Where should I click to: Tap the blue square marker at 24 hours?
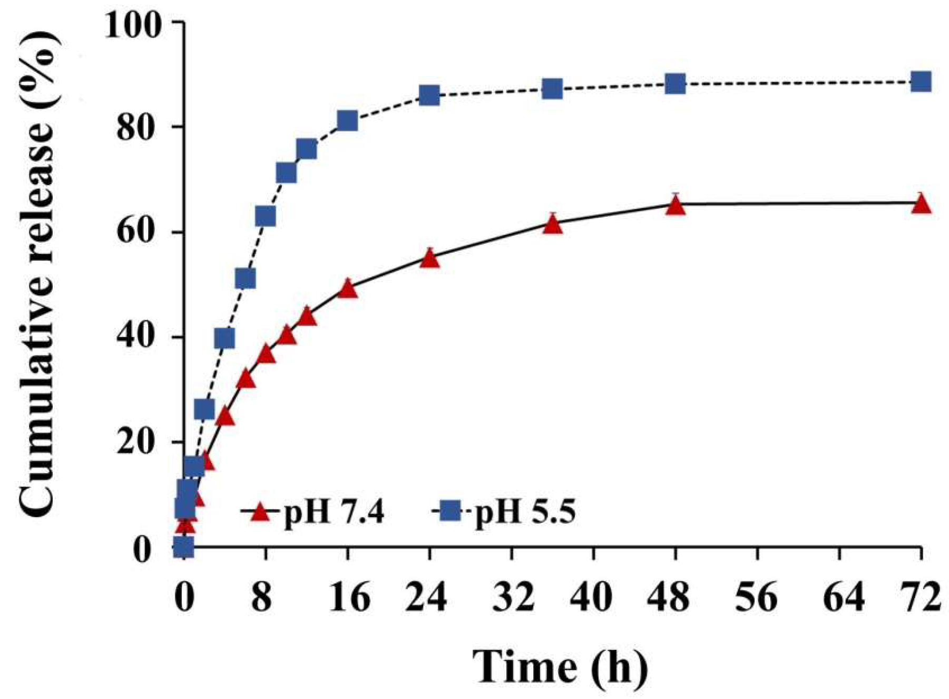pyautogui.click(x=430, y=95)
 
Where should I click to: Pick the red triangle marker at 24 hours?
pyautogui.click(x=430, y=259)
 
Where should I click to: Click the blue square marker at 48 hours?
pyautogui.click(x=675, y=83)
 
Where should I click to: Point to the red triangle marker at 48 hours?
pyautogui.click(x=675, y=206)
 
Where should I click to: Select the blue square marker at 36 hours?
pyautogui.click(x=552, y=89)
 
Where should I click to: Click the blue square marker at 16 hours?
pyautogui.click(x=347, y=121)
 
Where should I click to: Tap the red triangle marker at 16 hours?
pyautogui.click(x=347, y=289)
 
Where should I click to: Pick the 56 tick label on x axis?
pyautogui.click(x=757, y=597)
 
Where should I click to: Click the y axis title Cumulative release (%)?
pyautogui.click(x=38, y=274)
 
